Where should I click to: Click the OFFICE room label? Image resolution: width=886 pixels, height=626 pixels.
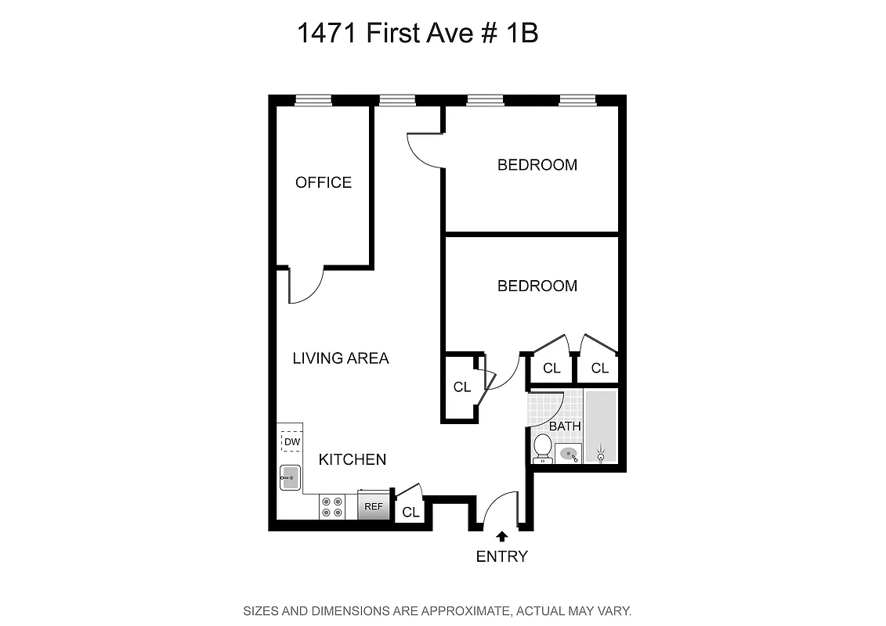(323, 182)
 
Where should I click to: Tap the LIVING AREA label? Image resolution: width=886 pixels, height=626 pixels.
(340, 358)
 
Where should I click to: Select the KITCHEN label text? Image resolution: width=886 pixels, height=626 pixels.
(352, 459)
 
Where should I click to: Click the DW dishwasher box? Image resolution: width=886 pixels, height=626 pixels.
(291, 442)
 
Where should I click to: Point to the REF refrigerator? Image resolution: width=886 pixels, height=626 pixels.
(374, 506)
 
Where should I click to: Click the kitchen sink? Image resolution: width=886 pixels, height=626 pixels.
(291, 477)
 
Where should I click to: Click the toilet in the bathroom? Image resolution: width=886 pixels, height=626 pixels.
(542, 448)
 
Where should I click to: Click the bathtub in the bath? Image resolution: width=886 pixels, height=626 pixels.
(601, 427)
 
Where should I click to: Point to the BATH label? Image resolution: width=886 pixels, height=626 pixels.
(565, 426)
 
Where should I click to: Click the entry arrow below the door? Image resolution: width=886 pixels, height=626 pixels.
(501, 536)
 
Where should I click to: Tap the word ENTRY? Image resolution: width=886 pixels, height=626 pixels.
(501, 556)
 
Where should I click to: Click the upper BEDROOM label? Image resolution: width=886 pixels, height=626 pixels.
(537, 165)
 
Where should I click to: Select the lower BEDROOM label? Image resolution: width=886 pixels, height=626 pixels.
(537, 286)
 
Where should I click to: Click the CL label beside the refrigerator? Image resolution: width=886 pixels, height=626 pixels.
(410, 513)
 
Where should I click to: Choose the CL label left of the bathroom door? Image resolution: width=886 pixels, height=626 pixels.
(461, 387)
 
